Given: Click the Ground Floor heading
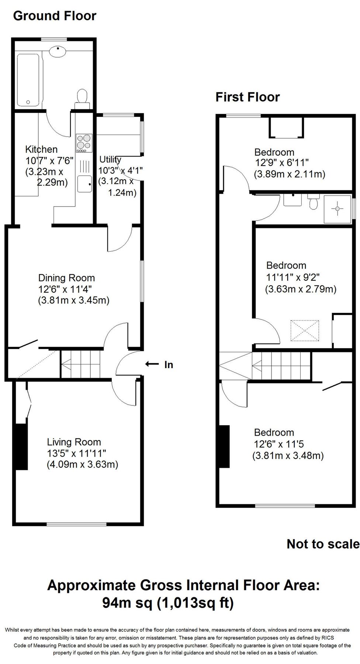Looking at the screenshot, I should coord(55,16).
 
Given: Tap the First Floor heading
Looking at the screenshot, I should coord(247,97).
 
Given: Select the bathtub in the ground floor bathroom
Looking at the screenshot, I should coord(28,79).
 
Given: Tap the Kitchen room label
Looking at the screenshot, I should coord(41,149).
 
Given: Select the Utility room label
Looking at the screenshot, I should coord(110,160).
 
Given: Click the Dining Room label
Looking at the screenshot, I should coord(66,278).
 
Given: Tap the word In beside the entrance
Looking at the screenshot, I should coord(169,365).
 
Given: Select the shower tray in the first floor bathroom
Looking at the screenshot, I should coord(337,209).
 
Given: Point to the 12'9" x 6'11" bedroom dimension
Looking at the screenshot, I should coord(281,163).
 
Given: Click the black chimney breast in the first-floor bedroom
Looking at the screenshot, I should coord(225,446).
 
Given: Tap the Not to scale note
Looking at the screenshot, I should coord(323,544).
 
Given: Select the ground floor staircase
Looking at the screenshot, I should coord(81,364).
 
